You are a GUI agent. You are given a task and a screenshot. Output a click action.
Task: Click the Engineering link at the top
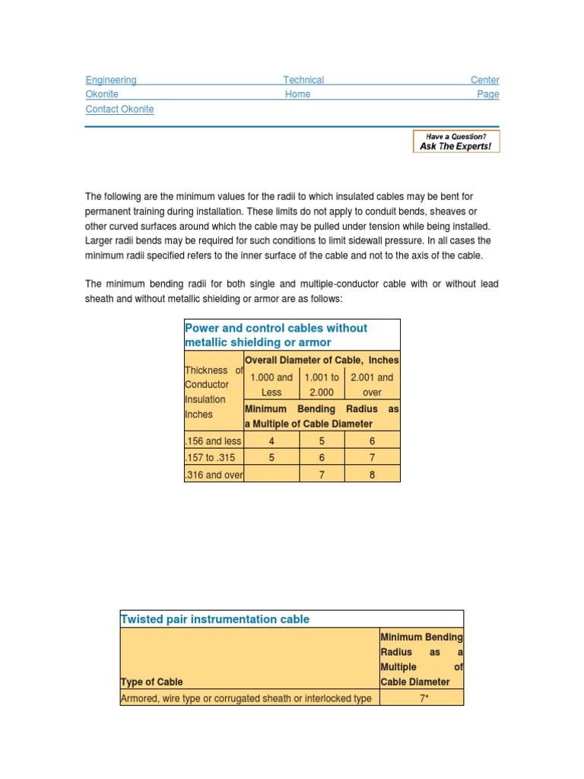tap(111, 80)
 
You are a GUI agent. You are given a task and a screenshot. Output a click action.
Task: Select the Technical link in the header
tap(303, 80)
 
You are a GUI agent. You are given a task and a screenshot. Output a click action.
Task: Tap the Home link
tap(297, 94)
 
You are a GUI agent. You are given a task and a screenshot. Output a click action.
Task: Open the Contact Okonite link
tap(119, 110)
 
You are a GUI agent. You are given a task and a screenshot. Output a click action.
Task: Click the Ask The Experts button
tap(456, 141)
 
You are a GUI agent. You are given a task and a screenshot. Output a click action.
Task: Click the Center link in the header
tap(484, 80)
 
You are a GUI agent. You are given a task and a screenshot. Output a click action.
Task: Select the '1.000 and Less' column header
tap(271, 385)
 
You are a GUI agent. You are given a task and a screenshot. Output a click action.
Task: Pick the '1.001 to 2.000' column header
tap(322, 385)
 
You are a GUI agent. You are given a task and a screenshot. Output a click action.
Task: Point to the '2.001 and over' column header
tap(372, 385)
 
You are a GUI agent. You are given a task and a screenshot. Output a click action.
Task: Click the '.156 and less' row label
tap(214, 441)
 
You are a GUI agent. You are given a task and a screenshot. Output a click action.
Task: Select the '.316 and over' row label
tap(214, 475)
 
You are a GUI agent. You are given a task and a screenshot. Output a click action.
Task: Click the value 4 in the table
tap(271, 441)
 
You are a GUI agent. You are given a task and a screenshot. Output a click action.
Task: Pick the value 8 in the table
tap(372, 475)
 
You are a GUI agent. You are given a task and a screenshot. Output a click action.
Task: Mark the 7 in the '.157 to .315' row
tap(372, 458)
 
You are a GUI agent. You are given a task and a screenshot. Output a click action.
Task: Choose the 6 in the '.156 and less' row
tap(372, 441)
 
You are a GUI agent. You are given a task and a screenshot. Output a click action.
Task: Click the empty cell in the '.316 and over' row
tap(271, 475)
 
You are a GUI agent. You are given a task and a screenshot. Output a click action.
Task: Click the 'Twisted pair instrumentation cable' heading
tap(215, 619)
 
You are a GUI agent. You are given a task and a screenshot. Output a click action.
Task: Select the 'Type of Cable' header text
tap(151, 682)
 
